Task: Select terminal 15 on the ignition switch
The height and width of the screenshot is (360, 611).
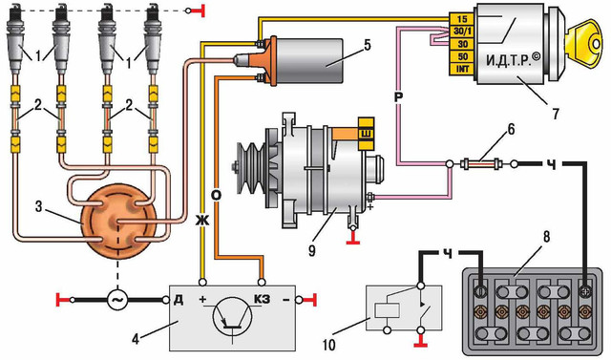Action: pos(462,19)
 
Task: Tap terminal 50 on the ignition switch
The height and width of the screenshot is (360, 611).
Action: pos(462,56)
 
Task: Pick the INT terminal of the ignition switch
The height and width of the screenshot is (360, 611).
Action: pos(462,69)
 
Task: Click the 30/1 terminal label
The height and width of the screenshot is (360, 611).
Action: pos(462,32)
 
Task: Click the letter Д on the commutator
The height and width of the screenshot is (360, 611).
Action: pos(179,301)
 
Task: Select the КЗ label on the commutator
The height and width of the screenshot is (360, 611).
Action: pos(263,300)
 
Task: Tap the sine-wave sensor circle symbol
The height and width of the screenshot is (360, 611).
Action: pos(117,300)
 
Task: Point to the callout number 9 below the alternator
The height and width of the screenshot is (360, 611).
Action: pos(311,250)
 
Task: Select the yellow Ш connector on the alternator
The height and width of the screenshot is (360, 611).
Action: pos(367,134)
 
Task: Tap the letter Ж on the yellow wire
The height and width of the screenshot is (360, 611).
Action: pos(203,221)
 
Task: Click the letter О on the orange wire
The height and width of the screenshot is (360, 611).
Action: pos(217,195)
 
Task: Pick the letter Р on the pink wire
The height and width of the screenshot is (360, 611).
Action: pos(397,97)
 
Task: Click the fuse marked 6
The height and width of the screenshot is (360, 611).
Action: pos(481,164)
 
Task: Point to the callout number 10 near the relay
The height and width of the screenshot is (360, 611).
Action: pos(328,345)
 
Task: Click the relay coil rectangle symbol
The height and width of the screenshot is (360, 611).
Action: pos(387,310)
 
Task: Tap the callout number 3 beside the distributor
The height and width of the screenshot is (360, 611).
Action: pos(38,206)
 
